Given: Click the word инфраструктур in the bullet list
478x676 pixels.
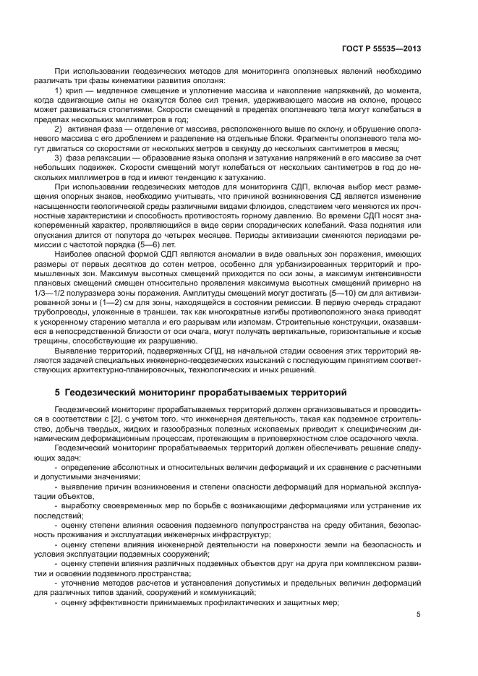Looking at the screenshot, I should click(x=226, y=536).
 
